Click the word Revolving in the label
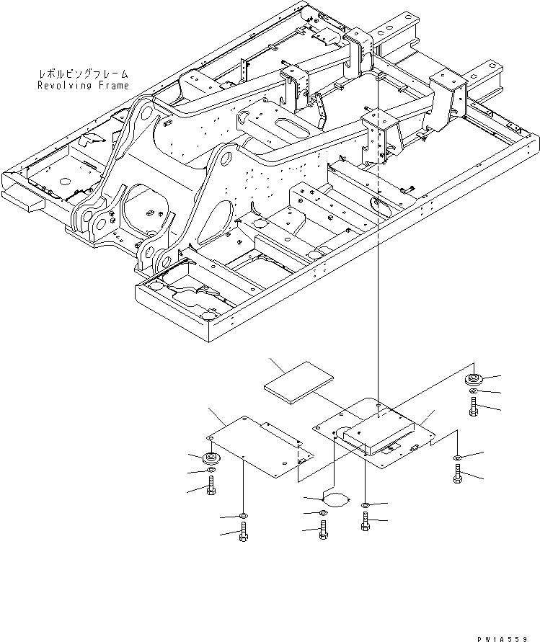[65, 85]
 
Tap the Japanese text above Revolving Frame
[83, 74]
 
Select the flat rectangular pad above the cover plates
[298, 383]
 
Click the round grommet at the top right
[474, 380]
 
